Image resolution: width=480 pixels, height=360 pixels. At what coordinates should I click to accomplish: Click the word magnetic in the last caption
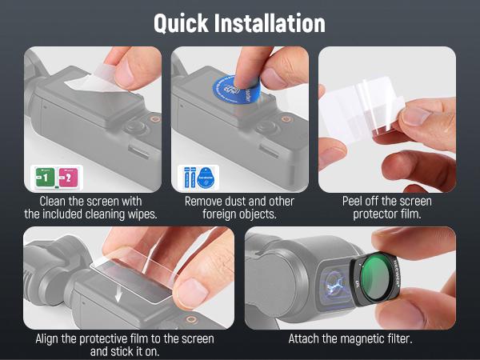[x=367, y=338]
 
